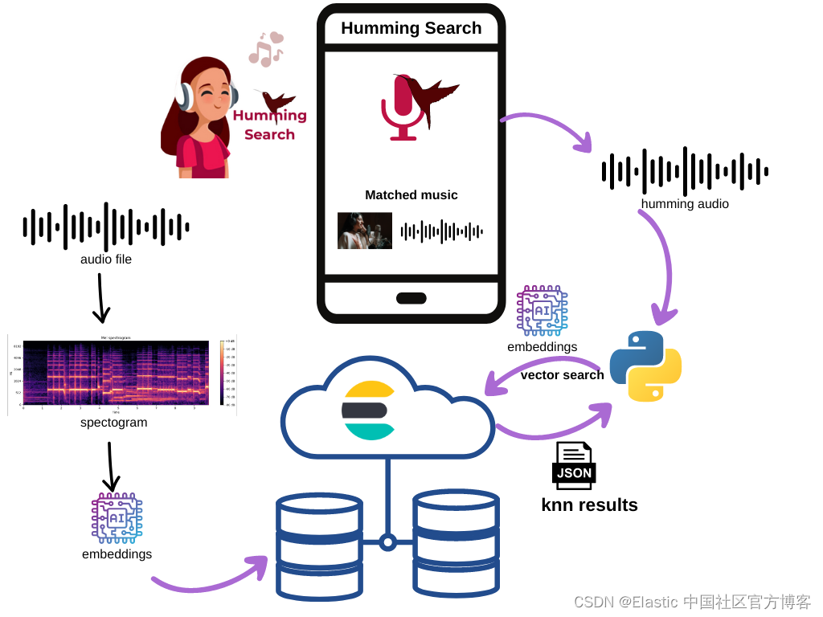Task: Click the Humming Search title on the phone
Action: pos(411,28)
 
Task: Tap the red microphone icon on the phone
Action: pos(402,108)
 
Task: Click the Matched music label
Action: pos(411,194)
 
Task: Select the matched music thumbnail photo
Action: pos(364,231)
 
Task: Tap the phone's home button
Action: pos(411,298)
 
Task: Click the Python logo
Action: pos(645,366)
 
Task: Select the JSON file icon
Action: pos(574,465)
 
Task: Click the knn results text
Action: pos(589,505)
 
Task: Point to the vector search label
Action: pos(562,374)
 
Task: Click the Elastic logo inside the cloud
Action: pos(369,411)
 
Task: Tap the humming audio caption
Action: pos(685,204)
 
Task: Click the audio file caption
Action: pos(105,259)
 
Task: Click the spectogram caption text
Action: pos(113,423)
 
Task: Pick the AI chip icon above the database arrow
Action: pos(117,518)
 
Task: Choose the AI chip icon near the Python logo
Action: pos(542,311)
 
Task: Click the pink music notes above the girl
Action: pos(266,49)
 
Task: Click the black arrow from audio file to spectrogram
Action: pos(100,298)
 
